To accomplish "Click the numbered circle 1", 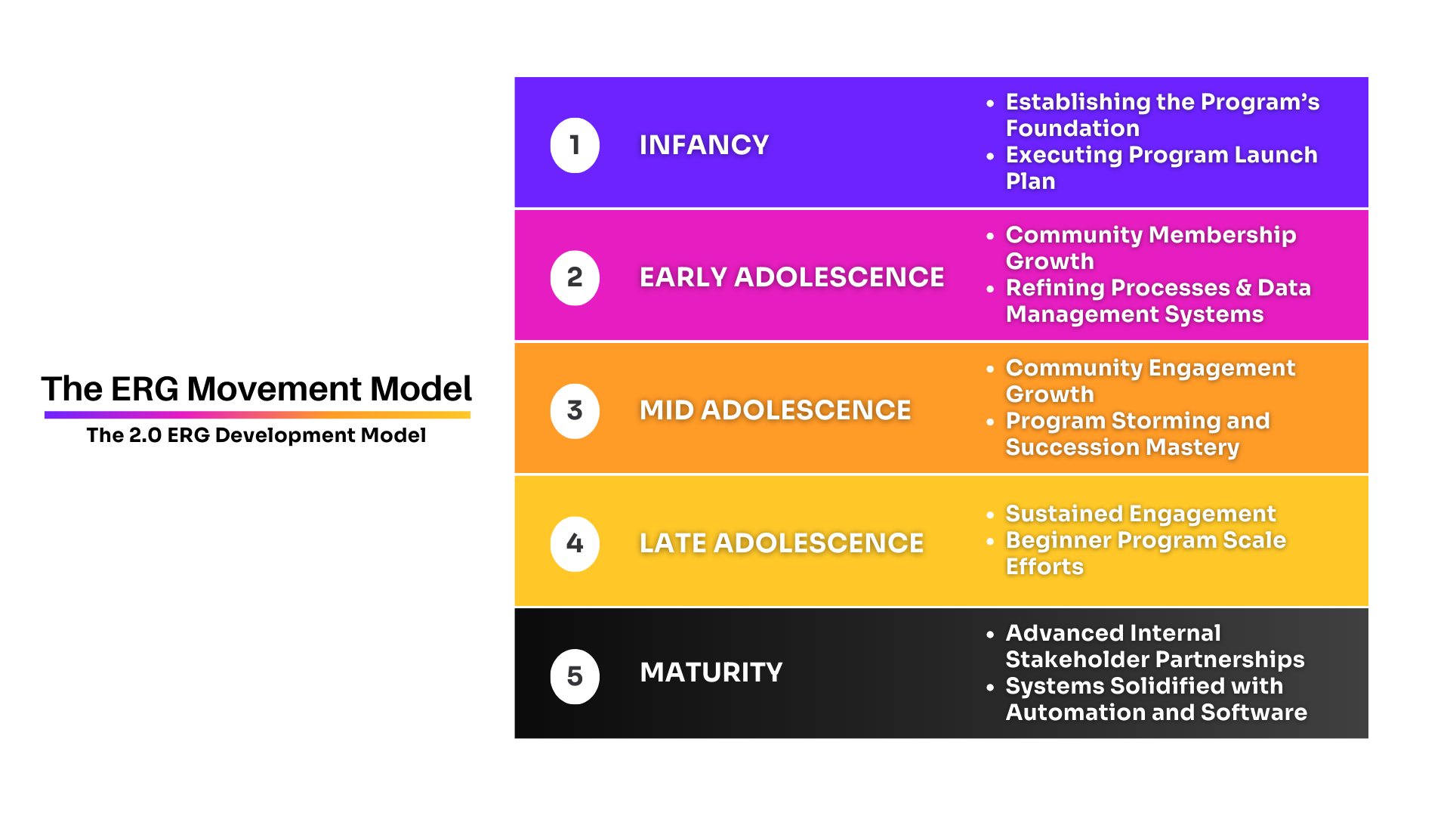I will [575, 145].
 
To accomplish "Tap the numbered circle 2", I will [575, 278].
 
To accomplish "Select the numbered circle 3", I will [575, 411].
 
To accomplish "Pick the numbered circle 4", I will [575, 544].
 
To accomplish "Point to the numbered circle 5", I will [575, 676].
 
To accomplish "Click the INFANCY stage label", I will [704, 145].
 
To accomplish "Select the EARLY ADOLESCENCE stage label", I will [791, 277].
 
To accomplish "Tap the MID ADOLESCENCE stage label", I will [775, 410].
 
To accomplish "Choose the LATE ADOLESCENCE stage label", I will [781, 543].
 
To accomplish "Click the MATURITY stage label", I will [711, 672].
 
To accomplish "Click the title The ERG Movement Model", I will [256, 389].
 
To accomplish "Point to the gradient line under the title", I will [257, 415].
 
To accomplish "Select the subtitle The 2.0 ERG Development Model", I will [256, 435].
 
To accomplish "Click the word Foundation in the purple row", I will [1072, 128].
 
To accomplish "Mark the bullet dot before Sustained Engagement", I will [990, 515].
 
